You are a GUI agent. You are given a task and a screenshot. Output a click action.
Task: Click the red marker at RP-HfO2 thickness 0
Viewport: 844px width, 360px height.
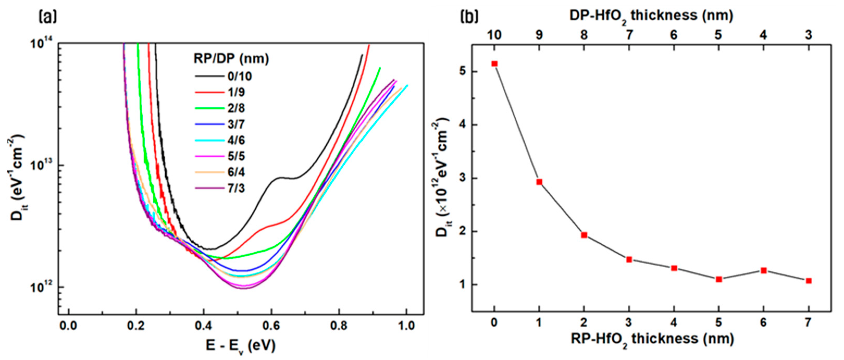494,64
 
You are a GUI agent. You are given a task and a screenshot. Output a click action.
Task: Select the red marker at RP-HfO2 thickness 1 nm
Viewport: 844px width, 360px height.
539,182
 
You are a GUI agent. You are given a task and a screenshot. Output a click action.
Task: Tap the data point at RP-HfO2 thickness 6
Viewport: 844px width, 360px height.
764,271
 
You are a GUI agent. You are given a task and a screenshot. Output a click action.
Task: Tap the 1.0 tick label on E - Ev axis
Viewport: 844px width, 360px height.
407,326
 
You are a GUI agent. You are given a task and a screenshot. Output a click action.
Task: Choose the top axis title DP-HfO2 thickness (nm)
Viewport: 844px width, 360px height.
651,16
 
